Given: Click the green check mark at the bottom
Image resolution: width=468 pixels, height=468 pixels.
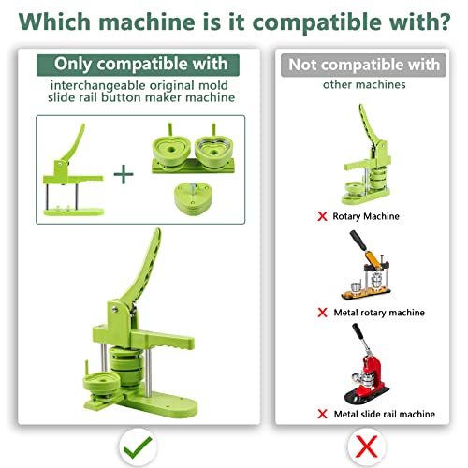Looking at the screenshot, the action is [138, 447].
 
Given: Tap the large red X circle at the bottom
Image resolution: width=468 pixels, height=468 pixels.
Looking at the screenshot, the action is [367, 446].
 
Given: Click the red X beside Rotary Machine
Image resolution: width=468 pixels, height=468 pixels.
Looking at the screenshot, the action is [322, 216].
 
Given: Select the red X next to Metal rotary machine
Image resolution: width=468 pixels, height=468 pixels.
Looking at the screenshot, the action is [322, 313].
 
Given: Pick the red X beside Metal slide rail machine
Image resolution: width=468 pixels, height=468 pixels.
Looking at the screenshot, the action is [322, 414].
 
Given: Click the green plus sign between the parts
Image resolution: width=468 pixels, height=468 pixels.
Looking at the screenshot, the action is [124, 174].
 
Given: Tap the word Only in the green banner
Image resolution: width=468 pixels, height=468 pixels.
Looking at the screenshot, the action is [73, 64].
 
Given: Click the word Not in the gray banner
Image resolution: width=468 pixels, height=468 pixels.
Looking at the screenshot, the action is [302, 65].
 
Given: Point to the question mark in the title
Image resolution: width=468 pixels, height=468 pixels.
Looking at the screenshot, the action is [442, 22].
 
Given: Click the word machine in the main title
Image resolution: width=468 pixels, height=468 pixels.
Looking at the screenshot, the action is [147, 22].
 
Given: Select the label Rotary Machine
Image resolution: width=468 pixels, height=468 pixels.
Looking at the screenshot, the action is [366, 216].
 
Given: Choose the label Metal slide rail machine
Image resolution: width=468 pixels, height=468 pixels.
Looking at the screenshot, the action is [385, 414].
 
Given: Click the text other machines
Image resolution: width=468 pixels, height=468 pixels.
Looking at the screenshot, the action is [364, 84].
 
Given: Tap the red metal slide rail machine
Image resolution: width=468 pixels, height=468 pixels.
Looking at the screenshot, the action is [367, 364].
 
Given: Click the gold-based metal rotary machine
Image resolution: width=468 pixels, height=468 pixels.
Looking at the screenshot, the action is [366, 266].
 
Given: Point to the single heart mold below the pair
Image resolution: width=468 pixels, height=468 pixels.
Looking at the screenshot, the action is [193, 199].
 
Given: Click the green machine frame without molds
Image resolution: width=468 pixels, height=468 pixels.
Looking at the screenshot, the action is [73, 170].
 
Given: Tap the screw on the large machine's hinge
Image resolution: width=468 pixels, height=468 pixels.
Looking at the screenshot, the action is [115, 309].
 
